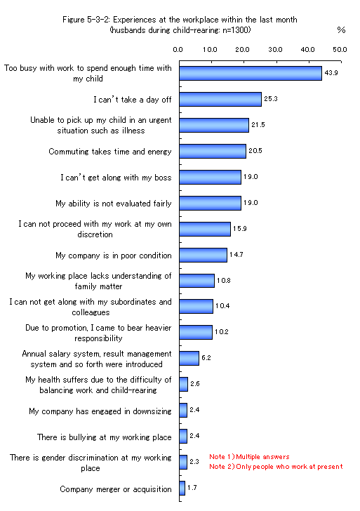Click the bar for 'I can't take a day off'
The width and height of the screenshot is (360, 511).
coord(220,100)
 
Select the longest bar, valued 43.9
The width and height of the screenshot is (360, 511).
coord(251,73)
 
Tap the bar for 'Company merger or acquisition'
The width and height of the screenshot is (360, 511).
coord(182,489)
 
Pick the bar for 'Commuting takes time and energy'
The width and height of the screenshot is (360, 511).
coord(213,151)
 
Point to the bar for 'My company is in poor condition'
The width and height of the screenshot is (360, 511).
coord(204,255)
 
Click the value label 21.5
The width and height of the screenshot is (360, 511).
coord(258,125)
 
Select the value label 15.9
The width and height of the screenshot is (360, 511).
coord(240,229)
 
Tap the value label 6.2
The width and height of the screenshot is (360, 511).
coord(206,358)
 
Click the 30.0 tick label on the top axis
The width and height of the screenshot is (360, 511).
coord(275,50)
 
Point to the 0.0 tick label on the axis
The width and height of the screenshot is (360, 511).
coord(178,50)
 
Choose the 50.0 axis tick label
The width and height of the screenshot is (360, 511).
coord(340,50)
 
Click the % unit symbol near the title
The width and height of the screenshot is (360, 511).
coord(341,30)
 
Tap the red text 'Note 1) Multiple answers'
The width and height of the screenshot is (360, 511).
coord(249,457)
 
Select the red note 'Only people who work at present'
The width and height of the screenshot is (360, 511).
coord(289,467)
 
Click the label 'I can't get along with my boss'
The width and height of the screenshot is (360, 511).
coord(116,178)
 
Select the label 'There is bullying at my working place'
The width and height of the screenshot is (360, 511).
coord(105,437)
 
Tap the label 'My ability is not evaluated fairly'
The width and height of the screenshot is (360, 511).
coord(114,204)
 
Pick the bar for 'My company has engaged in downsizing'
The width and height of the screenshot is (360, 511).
coord(183,411)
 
